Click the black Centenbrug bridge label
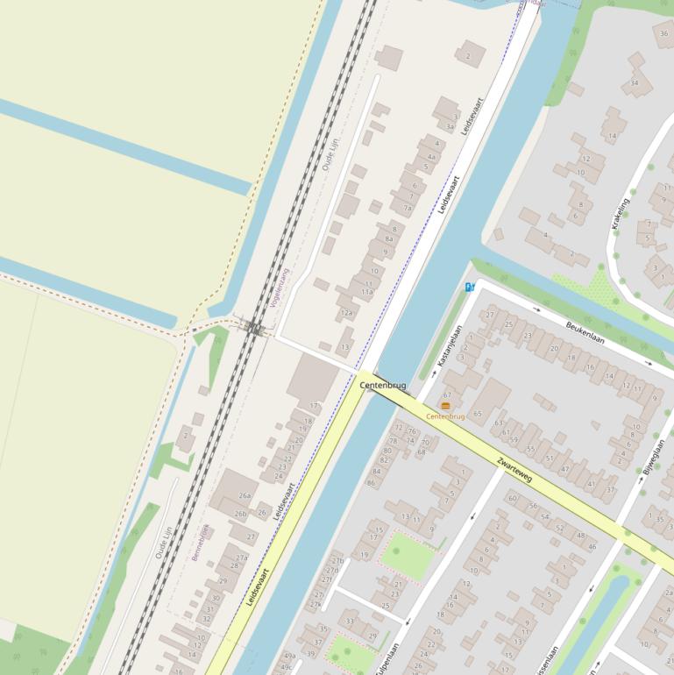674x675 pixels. coord(382,385)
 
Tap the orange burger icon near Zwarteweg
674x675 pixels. coord(446,406)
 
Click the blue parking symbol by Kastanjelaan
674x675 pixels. coord(470,287)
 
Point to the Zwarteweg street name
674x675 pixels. coord(514,469)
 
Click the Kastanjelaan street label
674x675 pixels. coord(449,345)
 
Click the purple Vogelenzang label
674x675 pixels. coord(282,286)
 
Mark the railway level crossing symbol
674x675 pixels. coord(255,329)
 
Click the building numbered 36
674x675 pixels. coord(663,33)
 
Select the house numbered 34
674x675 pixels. coord(635,84)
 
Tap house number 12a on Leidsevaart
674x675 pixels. coord(347,313)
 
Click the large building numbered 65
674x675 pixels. coord(478,413)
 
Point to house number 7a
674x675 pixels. coord(407,208)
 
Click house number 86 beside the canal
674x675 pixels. coord(372,483)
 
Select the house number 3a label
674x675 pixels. coord(451,127)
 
